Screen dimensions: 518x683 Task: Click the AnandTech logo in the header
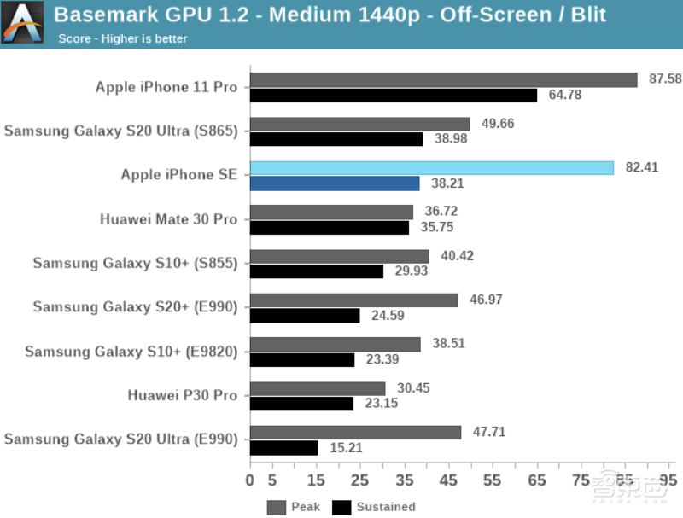pyautogui.click(x=23, y=23)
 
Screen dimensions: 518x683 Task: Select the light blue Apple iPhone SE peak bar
pyautogui.click(x=431, y=168)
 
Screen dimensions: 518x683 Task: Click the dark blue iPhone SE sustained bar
pyautogui.click(x=335, y=183)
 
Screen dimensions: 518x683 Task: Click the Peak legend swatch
pyautogui.click(x=277, y=507)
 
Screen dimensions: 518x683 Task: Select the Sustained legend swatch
pyautogui.click(x=341, y=507)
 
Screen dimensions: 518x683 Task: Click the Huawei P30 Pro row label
pyautogui.click(x=183, y=395)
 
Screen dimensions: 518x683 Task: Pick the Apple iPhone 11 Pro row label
pyautogui.click(x=166, y=87)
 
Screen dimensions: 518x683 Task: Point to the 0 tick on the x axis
pyautogui.click(x=250, y=480)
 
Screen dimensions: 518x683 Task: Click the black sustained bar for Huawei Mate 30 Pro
pyautogui.click(x=330, y=227)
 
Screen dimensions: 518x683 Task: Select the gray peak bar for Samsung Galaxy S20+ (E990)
pyautogui.click(x=354, y=300)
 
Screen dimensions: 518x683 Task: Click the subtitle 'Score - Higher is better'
pyautogui.click(x=123, y=38)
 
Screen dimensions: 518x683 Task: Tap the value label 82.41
pyautogui.click(x=642, y=168)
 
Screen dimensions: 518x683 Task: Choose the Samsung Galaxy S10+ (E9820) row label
pyautogui.click(x=131, y=351)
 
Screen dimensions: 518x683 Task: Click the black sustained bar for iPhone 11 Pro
pyautogui.click(x=394, y=95)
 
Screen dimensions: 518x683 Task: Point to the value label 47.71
pyautogui.click(x=488, y=433)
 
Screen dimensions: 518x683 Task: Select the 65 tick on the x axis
pyautogui.click(x=537, y=480)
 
